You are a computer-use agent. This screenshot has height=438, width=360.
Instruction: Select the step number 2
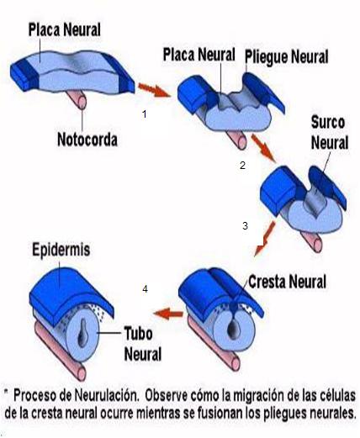click(242, 166)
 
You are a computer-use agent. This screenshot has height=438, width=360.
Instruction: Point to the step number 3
click(245, 225)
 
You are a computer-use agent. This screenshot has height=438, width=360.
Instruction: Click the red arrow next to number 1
click(152, 86)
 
